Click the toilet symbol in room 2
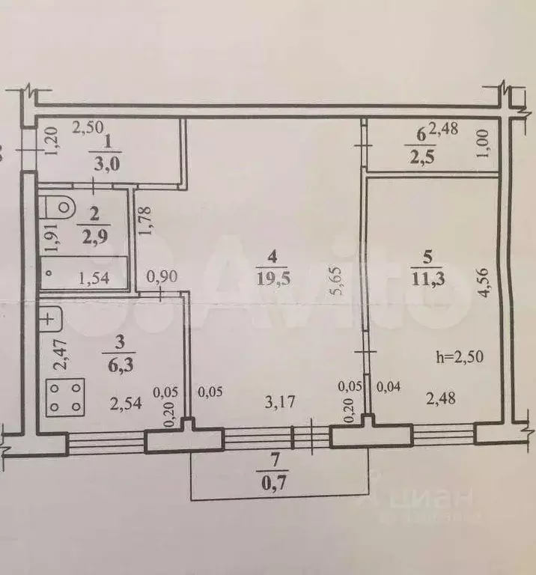click(x=60, y=207)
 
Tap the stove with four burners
click(x=66, y=397)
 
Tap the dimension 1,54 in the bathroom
click(x=94, y=279)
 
